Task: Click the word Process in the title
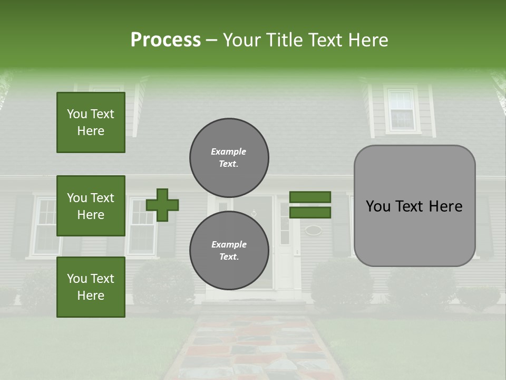pyautogui.click(x=166, y=40)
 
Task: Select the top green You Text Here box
pyautogui.click(x=91, y=122)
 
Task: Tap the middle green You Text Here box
pyautogui.click(x=91, y=206)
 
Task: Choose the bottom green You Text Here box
pyautogui.click(x=91, y=287)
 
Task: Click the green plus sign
pyautogui.click(x=162, y=205)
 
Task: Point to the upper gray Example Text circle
pyautogui.click(x=229, y=158)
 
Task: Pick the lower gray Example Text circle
pyautogui.click(x=229, y=251)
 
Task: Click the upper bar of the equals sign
pyautogui.click(x=310, y=197)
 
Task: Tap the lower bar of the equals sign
pyautogui.click(x=310, y=213)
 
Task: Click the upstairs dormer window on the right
pyautogui.click(x=402, y=110)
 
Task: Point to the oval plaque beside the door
pyautogui.click(x=313, y=230)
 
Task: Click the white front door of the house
pyautogui.click(x=285, y=248)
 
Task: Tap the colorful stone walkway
pyautogui.click(x=253, y=348)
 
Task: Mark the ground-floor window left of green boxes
pyautogui.click(x=45, y=226)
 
